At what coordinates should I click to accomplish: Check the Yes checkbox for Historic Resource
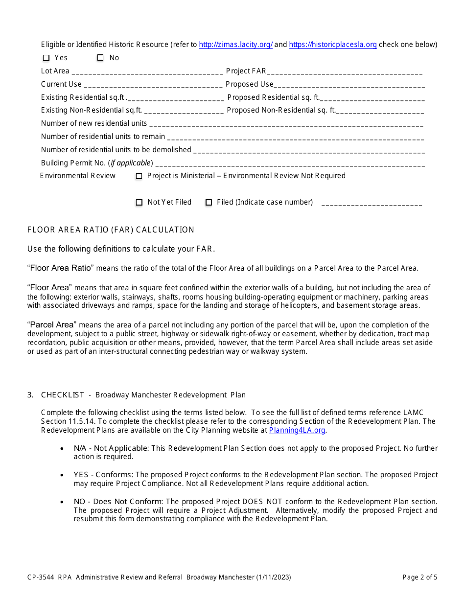pos(46,58)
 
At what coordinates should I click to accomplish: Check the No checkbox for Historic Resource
pos(100,58)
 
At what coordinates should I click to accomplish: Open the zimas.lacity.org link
pos(235,45)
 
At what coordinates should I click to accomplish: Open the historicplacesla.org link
pos(333,45)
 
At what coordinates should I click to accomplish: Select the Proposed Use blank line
pos(349,85)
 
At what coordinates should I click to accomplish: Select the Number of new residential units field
pos(286,124)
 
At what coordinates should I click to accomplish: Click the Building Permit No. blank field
pos(290,163)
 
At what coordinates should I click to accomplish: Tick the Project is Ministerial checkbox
pos(139,176)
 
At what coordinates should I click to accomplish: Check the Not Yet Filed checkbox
pos(139,203)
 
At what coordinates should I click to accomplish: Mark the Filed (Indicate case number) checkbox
pos(209,203)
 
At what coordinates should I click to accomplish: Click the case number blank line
pos(372,203)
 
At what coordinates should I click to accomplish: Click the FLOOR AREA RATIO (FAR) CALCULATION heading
pos(111,230)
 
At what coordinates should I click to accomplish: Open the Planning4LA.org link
pos(297,430)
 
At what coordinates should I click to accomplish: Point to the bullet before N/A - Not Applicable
pos(62,448)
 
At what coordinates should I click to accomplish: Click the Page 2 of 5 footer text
pos(419,577)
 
